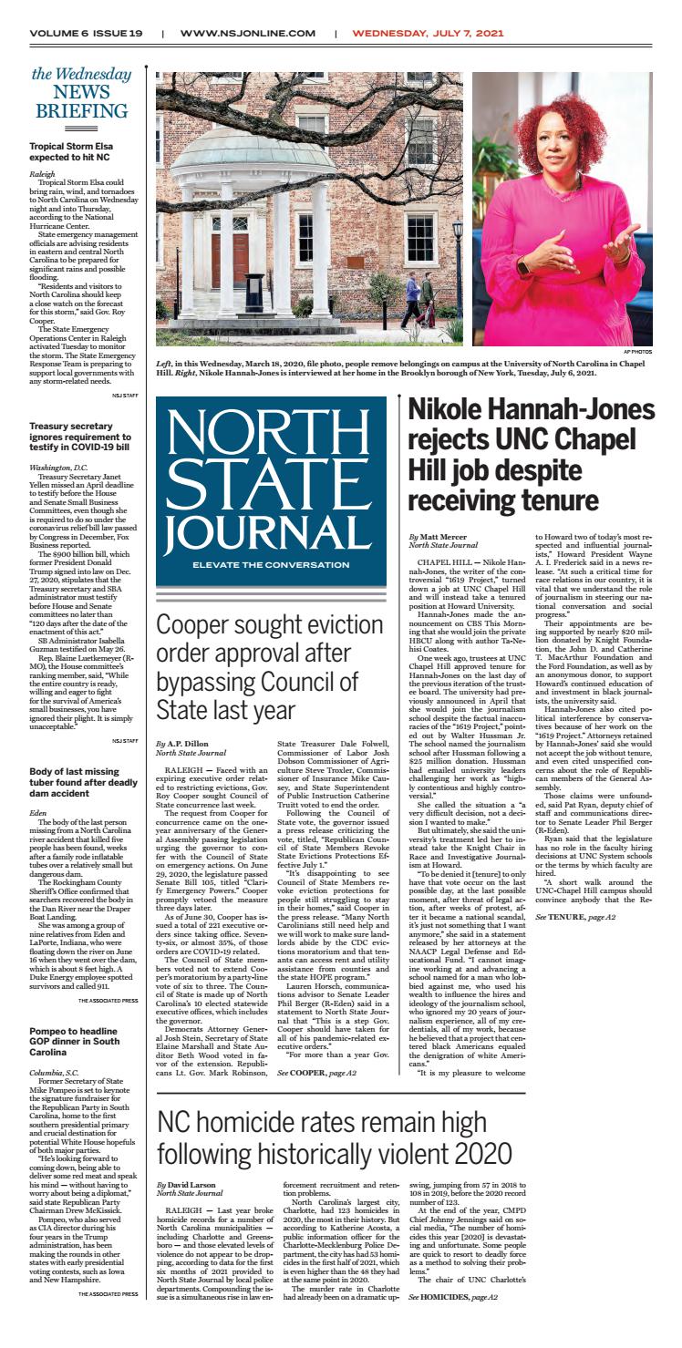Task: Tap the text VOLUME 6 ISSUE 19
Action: pyautogui.click(x=86, y=33)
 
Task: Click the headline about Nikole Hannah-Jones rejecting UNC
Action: pyautogui.click(x=531, y=467)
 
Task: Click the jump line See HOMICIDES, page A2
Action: pyautogui.click(x=453, y=1322)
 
